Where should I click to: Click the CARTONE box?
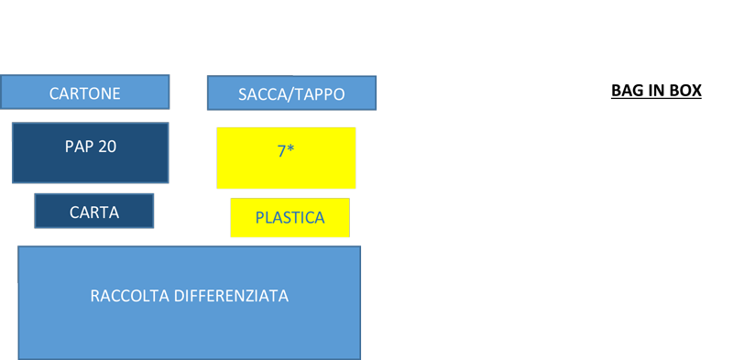coord(84,93)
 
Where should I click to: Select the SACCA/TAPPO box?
coord(291,93)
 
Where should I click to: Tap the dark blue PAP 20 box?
coord(90,153)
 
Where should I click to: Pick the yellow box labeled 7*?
coord(286,158)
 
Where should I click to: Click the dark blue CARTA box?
coord(94,211)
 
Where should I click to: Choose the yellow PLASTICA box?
coord(290,217)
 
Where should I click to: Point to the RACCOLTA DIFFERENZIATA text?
coord(190,296)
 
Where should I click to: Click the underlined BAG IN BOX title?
coord(656,91)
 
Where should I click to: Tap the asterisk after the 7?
coord(290,148)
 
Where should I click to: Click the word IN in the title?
coord(655,91)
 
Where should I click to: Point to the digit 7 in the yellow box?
coord(281,151)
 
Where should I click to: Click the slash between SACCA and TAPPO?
coord(283,94)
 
